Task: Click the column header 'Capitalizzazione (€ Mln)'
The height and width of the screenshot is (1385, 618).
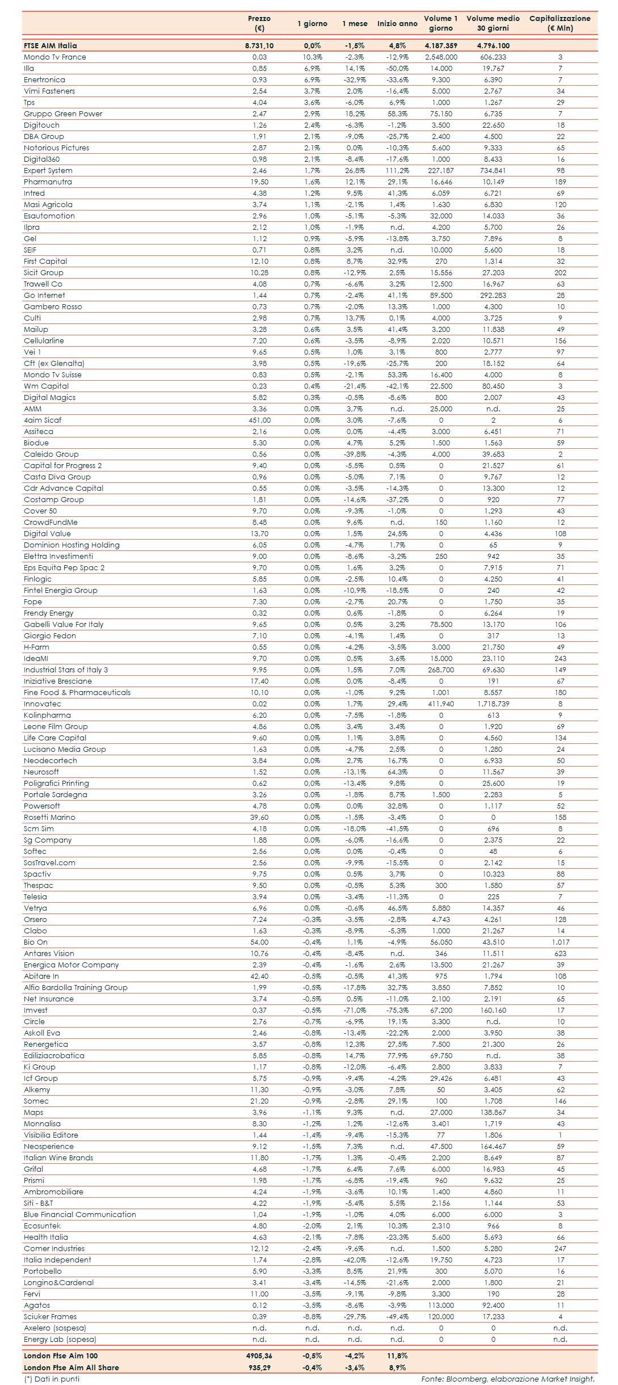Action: pos(560,23)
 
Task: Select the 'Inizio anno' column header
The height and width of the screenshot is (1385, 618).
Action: pos(397,24)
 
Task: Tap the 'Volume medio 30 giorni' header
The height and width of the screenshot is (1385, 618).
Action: pos(493,23)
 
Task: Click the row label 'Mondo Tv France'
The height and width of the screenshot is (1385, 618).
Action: pos(55,57)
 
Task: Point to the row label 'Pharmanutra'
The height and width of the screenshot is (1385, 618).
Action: pos(48,182)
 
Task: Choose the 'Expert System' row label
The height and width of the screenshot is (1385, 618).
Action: pos(48,171)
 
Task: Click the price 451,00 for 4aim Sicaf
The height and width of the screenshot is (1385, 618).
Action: pos(259,420)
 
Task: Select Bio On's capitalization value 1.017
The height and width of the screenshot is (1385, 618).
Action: pos(560,942)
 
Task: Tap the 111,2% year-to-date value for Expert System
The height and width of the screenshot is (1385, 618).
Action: pos(397,171)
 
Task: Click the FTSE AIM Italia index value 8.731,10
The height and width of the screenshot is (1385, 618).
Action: pos(259,46)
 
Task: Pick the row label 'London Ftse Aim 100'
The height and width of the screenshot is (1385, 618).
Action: pos(61,1355)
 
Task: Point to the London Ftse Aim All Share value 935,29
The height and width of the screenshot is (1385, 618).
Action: pos(259,1367)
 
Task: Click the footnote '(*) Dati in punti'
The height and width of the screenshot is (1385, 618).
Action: pos(52,1379)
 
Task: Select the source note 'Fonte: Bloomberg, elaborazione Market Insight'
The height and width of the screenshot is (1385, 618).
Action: pos(507,1379)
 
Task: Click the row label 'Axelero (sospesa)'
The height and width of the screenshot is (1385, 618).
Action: pos(55,1328)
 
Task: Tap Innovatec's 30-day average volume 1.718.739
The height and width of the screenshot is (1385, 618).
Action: pos(493,704)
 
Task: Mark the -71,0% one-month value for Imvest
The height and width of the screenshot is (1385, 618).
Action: pos(355,1011)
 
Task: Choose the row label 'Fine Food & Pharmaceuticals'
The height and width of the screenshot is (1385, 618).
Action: pos(77,693)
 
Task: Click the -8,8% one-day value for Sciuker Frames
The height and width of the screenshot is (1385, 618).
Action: pos(312,1317)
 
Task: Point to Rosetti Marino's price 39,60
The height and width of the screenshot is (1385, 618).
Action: pos(259,818)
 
